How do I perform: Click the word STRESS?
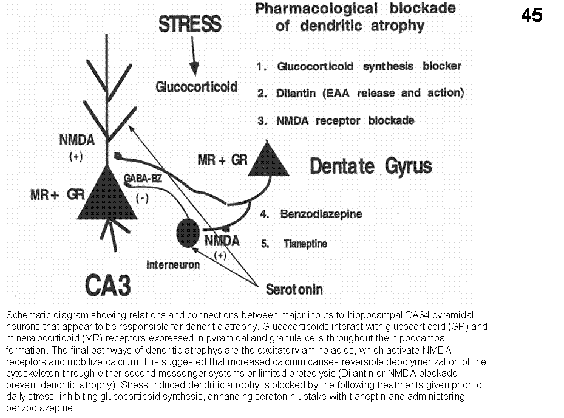click(x=189, y=26)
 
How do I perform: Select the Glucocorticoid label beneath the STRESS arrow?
click(x=196, y=87)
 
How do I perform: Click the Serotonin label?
click(x=294, y=290)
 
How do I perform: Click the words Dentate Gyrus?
click(x=371, y=165)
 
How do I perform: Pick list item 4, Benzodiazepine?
click(x=321, y=214)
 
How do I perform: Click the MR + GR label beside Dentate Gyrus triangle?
click(x=222, y=160)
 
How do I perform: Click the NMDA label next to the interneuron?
click(x=222, y=241)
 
